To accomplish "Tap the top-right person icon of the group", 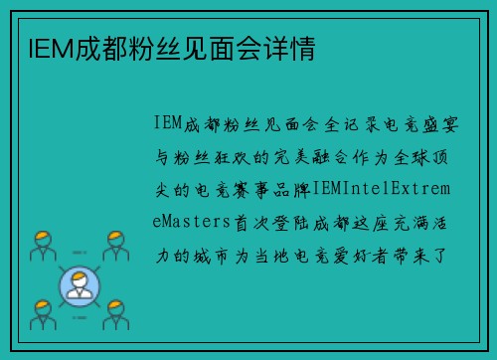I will pyautogui.click(x=116, y=245).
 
